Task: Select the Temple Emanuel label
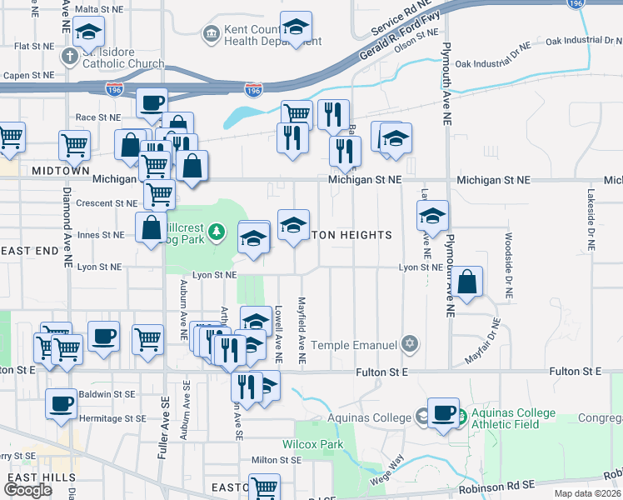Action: coord(356,344)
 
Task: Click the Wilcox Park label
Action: coord(312,444)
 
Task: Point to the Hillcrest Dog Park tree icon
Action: coord(217,231)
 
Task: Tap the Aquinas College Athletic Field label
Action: coord(504,417)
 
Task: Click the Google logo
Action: coord(27,490)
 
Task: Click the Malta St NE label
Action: coord(98,9)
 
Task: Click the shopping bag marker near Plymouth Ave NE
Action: coord(469,282)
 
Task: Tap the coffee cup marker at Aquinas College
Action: coord(444,412)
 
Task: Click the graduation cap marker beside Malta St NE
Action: coord(88,33)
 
